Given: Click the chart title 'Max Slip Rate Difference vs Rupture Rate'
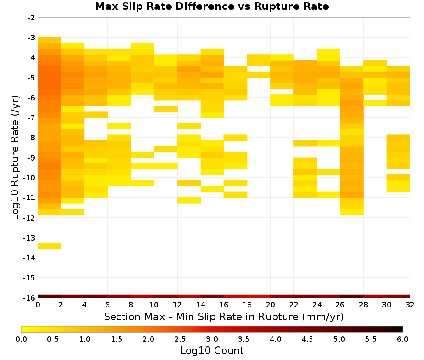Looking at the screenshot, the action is [x=212, y=6].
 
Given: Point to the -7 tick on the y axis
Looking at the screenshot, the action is [x=32, y=117].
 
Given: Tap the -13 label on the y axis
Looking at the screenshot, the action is [x=30, y=238].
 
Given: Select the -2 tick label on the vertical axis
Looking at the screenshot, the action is [x=32, y=18].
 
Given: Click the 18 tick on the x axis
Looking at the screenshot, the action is [x=247, y=305].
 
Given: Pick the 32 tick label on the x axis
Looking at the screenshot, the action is [x=410, y=305].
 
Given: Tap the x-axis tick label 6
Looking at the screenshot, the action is [x=107, y=305].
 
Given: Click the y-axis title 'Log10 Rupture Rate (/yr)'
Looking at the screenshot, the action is [x=15, y=158].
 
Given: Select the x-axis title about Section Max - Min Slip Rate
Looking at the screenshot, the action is [x=224, y=316].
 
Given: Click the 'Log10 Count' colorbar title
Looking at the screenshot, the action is [x=212, y=351].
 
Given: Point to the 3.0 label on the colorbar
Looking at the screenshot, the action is [x=212, y=339].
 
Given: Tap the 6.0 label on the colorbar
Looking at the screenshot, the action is [x=403, y=339].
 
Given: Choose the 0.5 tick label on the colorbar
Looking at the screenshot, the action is [x=53, y=339].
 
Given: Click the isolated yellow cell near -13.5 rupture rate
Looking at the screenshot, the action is [x=50, y=246].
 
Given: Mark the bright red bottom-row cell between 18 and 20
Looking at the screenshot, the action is [x=259, y=296].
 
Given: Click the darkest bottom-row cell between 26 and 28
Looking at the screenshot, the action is [x=352, y=296].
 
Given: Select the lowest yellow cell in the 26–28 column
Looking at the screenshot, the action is [x=352, y=212].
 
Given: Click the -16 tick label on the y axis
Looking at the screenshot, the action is [x=30, y=298].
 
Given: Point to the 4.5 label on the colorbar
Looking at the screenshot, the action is [x=307, y=339].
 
